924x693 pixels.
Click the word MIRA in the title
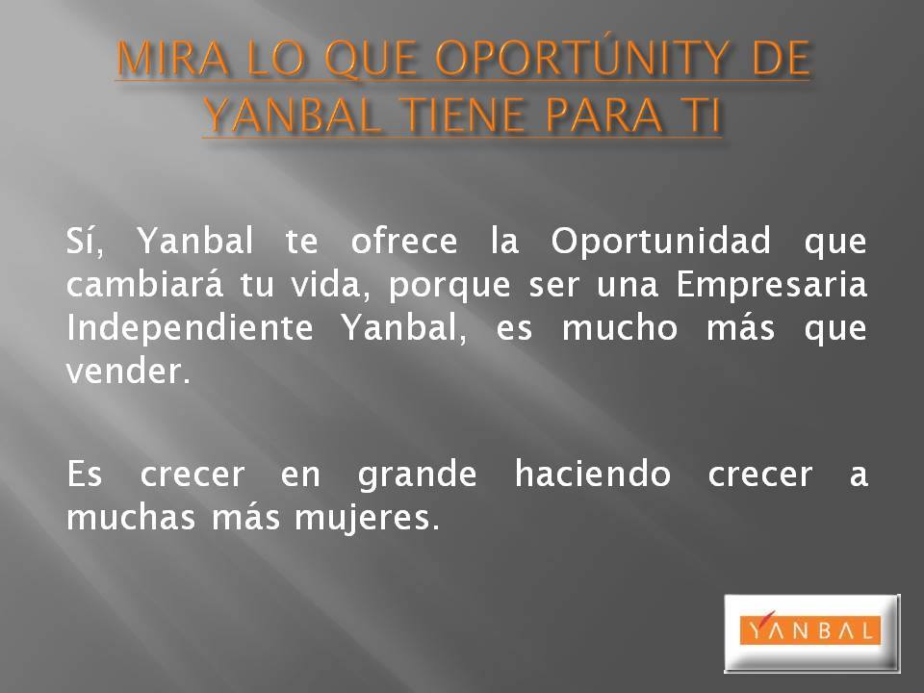click(171, 59)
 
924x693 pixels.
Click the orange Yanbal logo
click(810, 630)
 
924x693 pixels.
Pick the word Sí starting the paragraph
click(85, 240)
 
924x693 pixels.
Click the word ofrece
click(403, 241)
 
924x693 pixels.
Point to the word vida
click(330, 285)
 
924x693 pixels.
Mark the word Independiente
click(190, 328)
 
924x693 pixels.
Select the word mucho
click(619, 327)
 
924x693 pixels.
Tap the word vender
click(128, 372)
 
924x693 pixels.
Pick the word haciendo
click(593, 474)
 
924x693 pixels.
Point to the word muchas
click(130, 517)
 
